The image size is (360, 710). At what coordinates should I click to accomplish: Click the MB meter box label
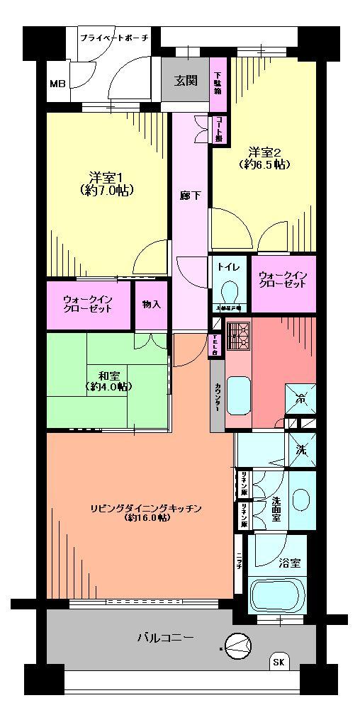click(x=57, y=84)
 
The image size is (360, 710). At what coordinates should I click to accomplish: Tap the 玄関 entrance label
click(x=186, y=79)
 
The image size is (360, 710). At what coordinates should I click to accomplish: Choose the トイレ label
click(x=228, y=267)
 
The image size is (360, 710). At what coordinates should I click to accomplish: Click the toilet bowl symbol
click(x=230, y=291)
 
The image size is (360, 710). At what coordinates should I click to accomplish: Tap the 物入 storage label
click(x=151, y=305)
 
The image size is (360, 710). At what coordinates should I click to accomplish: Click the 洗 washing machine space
click(x=300, y=449)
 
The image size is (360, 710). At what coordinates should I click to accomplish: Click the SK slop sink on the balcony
click(x=280, y=663)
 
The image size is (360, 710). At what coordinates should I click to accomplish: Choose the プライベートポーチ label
click(x=113, y=37)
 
